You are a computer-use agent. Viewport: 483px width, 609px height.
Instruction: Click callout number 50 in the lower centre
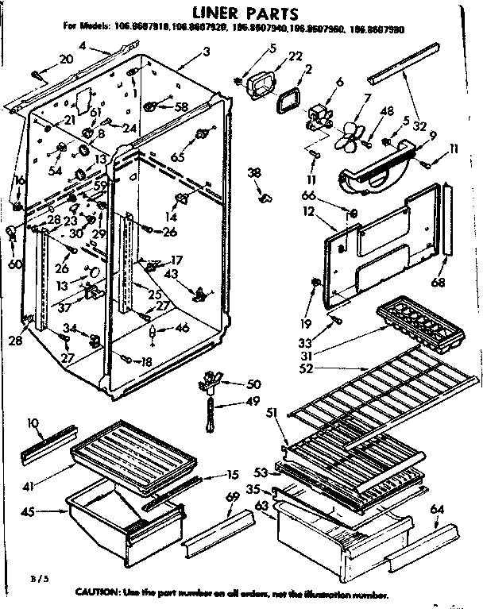253,384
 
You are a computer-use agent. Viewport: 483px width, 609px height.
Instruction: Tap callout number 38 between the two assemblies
253,172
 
